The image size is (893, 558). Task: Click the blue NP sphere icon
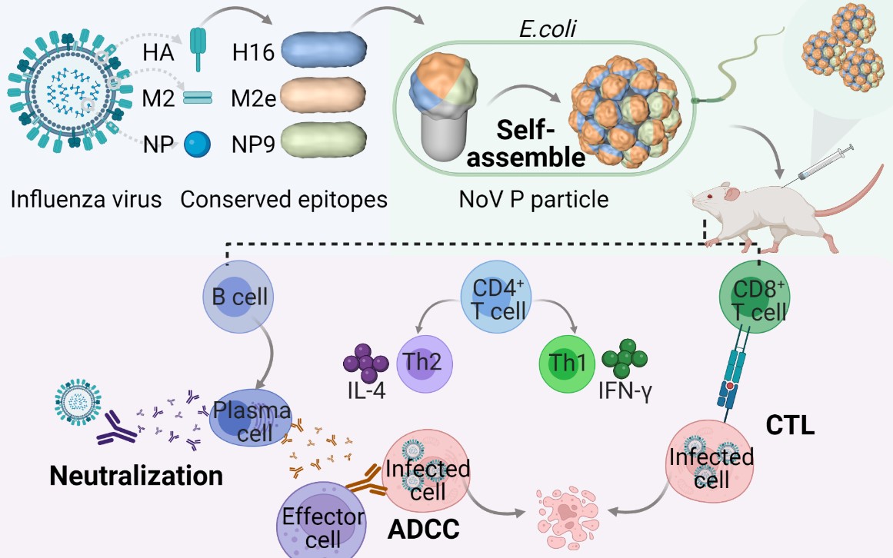pyautogui.click(x=197, y=143)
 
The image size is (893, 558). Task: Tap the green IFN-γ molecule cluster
pyautogui.click(x=625, y=358)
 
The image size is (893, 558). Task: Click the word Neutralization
pyautogui.click(x=136, y=476)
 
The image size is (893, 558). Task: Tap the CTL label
pyautogui.click(x=790, y=424)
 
